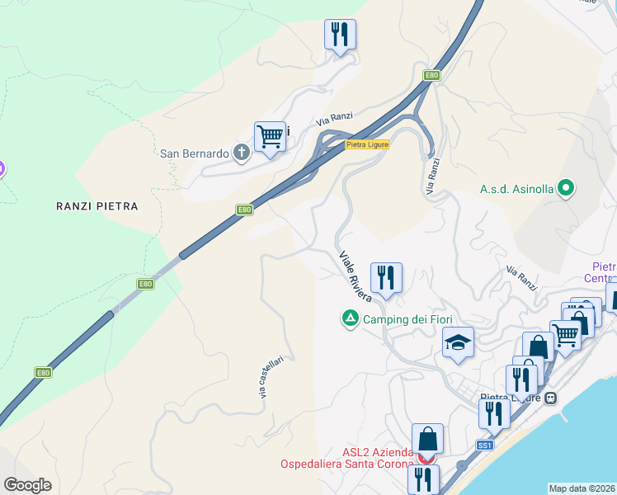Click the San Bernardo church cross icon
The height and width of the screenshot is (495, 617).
[x=242, y=153]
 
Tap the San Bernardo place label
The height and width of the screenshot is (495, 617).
[x=194, y=153]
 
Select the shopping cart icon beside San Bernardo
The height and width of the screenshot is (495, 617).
[x=270, y=137]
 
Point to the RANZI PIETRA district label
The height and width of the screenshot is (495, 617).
[x=97, y=205]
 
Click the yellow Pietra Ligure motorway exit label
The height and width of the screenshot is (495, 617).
[x=366, y=144]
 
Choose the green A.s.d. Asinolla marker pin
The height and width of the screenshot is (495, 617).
[x=565, y=189]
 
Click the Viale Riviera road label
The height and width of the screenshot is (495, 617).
[x=356, y=276]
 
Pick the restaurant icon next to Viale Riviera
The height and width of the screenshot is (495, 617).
[x=386, y=278]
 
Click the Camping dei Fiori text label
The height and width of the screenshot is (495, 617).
[x=407, y=319]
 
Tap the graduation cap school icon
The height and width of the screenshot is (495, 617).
[x=458, y=342]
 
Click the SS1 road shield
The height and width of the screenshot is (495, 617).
[x=484, y=445]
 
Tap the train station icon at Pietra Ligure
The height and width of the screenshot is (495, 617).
[x=550, y=398]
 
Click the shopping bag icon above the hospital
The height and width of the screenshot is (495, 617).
[x=427, y=438]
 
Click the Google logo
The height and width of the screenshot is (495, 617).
[x=27, y=485]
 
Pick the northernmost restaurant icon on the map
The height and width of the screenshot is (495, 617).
[x=340, y=35]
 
